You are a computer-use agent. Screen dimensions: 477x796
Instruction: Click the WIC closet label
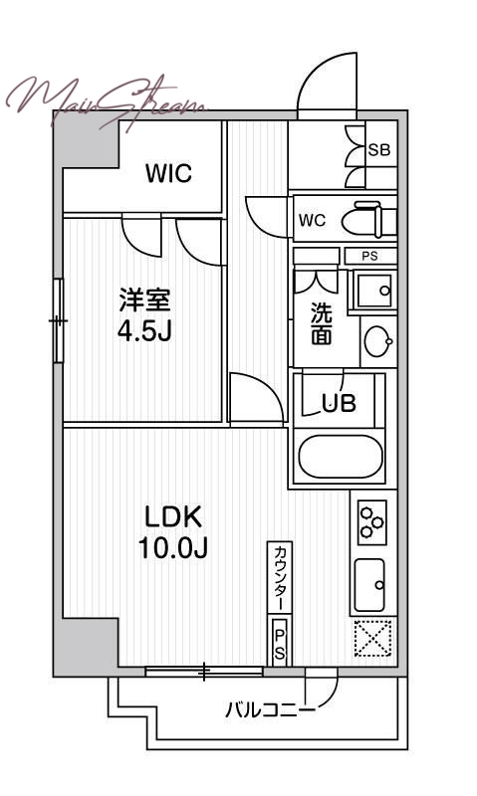tap(168, 173)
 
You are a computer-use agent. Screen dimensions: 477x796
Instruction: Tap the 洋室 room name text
tap(144, 300)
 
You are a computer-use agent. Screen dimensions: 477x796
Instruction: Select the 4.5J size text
tap(144, 331)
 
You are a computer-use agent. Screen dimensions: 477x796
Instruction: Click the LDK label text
tap(173, 517)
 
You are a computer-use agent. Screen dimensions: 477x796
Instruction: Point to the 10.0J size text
tap(173, 548)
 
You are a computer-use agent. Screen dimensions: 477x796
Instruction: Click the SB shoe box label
tap(379, 150)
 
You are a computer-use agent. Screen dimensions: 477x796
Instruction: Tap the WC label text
tap(312, 221)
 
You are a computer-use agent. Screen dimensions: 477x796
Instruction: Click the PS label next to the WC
tap(369, 257)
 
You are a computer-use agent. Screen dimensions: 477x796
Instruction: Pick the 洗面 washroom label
tap(322, 323)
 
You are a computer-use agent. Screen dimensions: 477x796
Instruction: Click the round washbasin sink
tap(379, 340)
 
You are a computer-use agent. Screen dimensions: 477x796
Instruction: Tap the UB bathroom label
tap(339, 403)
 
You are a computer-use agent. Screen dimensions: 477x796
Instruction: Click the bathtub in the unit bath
tap(341, 456)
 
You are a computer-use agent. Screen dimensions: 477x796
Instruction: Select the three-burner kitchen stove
tap(372, 522)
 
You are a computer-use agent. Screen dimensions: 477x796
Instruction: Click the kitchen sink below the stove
tap(369, 585)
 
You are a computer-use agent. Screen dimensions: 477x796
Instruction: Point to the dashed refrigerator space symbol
tap(372, 638)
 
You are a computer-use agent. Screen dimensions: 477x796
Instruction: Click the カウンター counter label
tap(280, 577)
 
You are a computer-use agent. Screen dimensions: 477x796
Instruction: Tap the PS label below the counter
tap(280, 643)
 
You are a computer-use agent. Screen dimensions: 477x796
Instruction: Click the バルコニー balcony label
tap(270, 709)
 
